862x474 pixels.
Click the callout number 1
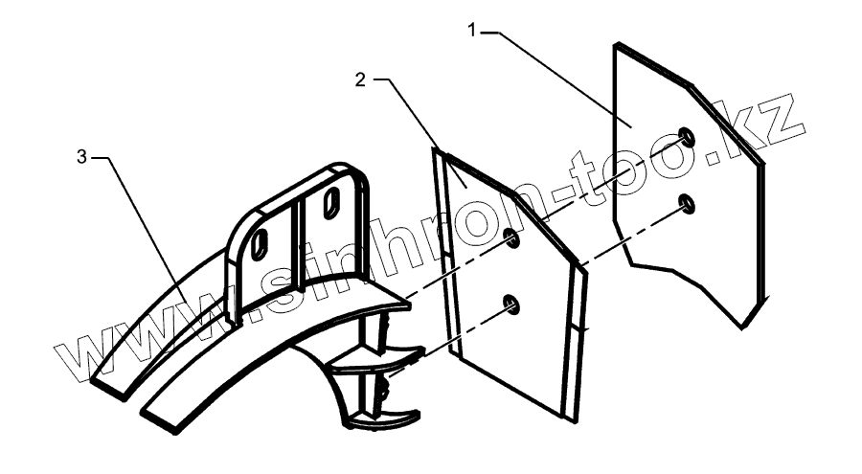[x=472, y=30]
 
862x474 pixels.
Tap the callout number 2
[x=360, y=80]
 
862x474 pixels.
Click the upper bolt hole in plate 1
[x=687, y=135]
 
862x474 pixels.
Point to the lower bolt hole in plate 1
[x=687, y=202]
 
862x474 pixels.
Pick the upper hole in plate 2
[x=512, y=238]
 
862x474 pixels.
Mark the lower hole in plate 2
[x=511, y=305]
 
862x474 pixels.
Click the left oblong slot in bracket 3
[x=260, y=245]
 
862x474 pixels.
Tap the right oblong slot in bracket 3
[x=330, y=202]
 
